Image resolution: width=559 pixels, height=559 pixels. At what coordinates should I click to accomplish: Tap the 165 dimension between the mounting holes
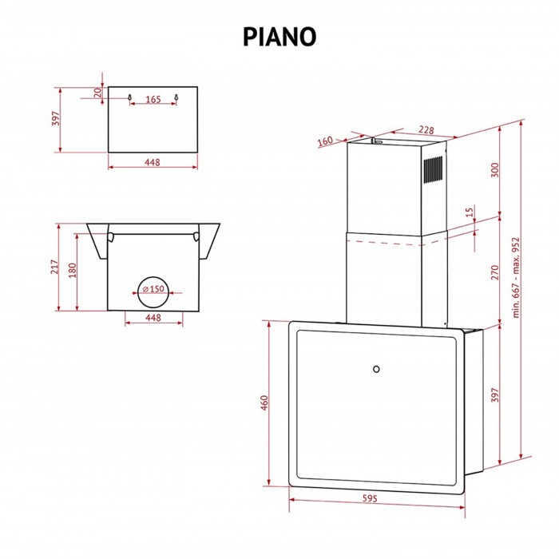coord(153,100)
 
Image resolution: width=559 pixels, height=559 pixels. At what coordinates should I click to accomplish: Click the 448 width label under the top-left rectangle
coord(153,162)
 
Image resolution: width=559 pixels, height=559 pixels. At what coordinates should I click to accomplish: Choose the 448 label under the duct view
coord(153,318)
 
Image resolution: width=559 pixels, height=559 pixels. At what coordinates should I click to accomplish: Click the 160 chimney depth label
coord(324,142)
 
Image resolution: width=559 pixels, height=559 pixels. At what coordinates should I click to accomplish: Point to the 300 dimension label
coord(494,170)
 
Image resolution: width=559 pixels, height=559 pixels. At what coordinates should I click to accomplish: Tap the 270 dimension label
coord(494,272)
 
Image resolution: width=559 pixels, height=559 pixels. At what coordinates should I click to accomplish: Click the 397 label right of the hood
coord(494,396)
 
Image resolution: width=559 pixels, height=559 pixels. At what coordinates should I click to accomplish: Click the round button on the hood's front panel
coord(375,368)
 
